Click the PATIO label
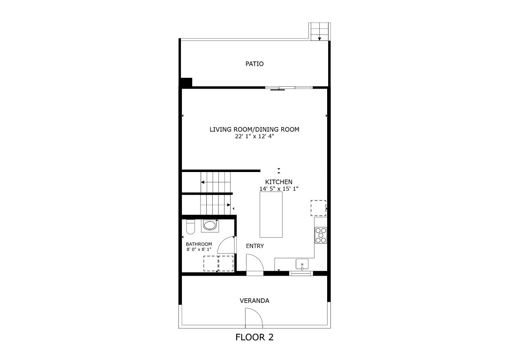(254, 64)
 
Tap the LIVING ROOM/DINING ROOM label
(254, 129)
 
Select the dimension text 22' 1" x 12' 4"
(254, 136)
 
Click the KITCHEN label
(279, 182)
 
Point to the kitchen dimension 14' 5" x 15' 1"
(279, 188)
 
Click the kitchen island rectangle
(271, 215)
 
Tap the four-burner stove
(321, 235)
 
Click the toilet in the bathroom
(190, 227)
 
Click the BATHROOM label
(199, 244)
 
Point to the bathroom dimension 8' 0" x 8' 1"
(199, 249)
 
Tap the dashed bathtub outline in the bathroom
(218, 263)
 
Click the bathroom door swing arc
(226, 246)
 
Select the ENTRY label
(255, 246)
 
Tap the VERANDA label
(254, 301)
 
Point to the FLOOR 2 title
(254, 337)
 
